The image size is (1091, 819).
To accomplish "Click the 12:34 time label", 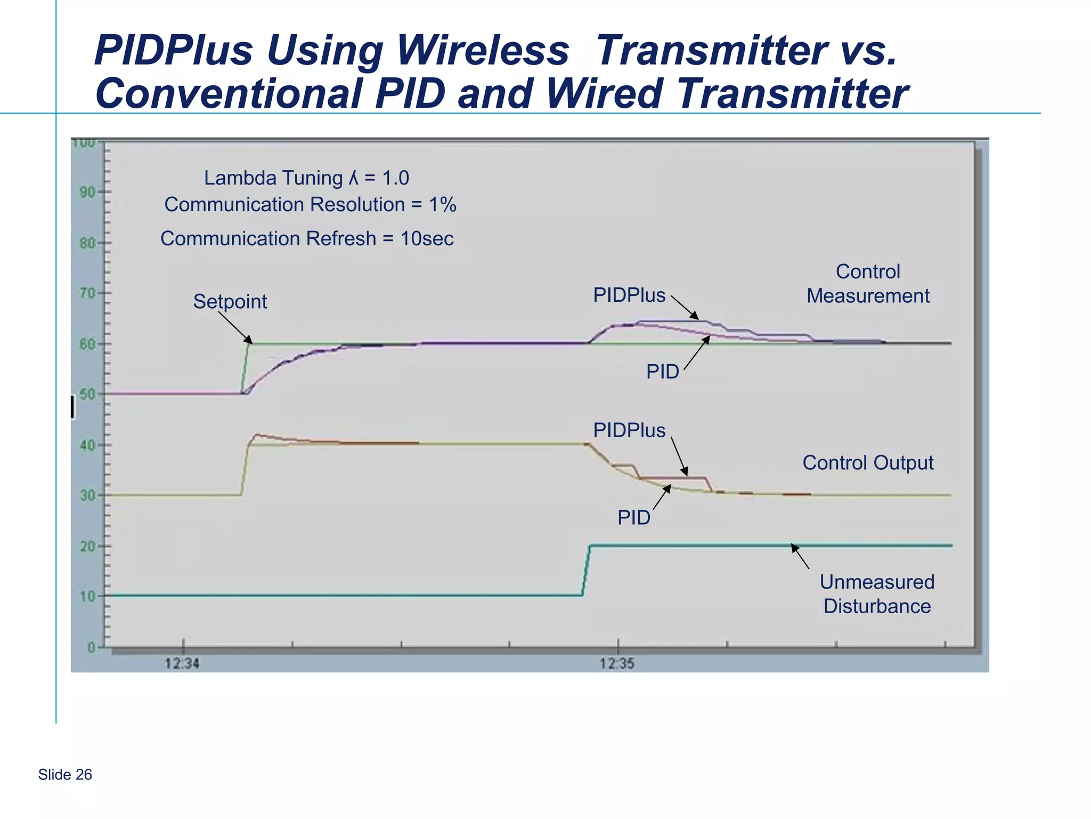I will (x=182, y=664).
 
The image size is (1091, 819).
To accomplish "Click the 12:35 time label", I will (x=617, y=664).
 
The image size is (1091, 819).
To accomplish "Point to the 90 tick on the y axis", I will (x=87, y=192).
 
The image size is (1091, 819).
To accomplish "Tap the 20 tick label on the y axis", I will (x=87, y=546).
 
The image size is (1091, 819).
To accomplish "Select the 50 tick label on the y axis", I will (x=87, y=395).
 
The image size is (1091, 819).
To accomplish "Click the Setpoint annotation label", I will (x=230, y=302).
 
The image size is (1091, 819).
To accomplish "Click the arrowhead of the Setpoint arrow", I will (x=249, y=341).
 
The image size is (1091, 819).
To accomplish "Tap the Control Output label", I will (x=868, y=463).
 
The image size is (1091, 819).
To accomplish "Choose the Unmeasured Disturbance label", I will (x=877, y=594).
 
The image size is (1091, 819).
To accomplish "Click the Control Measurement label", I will (x=868, y=284).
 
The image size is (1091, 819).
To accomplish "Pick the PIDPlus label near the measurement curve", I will (x=629, y=295).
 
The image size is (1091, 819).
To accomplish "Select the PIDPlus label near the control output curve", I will (x=629, y=430).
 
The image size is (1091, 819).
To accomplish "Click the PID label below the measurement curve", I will (x=662, y=372).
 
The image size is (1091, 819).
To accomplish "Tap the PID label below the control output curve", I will (x=633, y=517).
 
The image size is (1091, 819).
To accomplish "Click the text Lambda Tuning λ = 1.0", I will (x=306, y=178).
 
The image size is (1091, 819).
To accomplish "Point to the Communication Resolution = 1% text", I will (x=310, y=205).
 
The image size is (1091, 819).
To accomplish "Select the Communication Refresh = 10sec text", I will (x=307, y=238).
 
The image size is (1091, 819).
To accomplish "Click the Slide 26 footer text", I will (x=65, y=775).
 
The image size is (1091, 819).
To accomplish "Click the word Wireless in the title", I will (x=483, y=51).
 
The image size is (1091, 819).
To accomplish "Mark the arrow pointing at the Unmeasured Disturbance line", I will (x=800, y=556).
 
